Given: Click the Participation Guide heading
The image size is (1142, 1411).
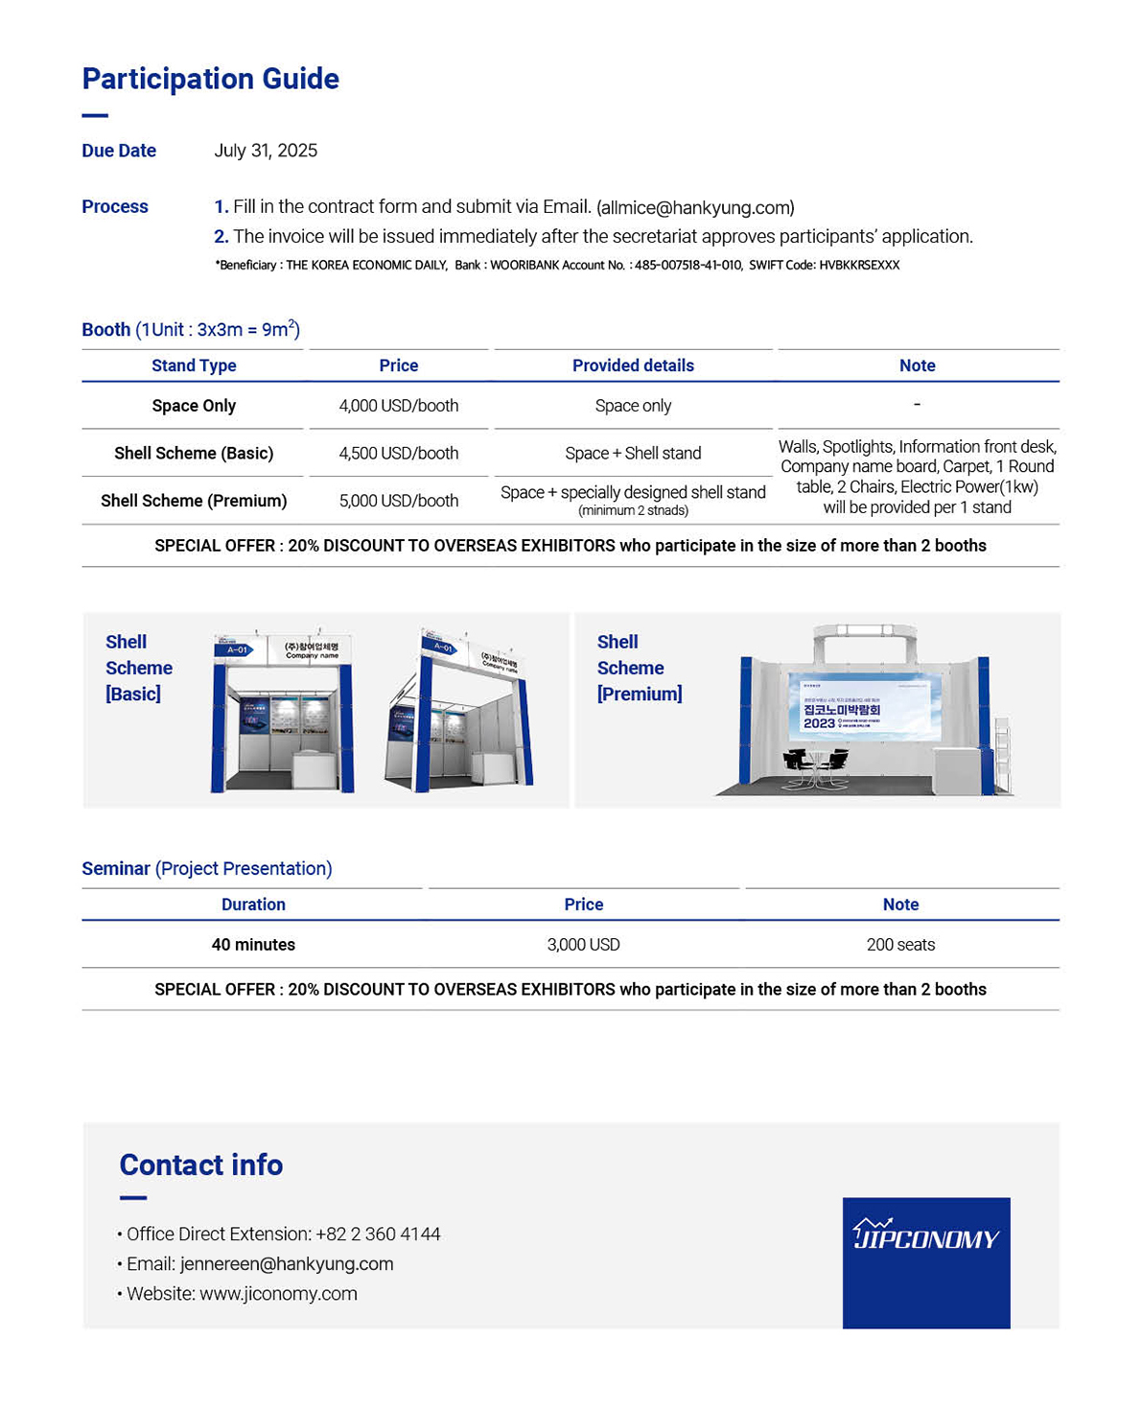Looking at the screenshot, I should pos(210,79).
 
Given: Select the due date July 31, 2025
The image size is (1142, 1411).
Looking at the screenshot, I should pos(266,151).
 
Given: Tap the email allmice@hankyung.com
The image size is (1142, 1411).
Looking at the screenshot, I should pos(695,207).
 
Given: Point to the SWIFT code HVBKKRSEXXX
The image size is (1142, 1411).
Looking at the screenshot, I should pos(859,265).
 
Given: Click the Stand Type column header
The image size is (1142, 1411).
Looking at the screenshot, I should pos(194,365).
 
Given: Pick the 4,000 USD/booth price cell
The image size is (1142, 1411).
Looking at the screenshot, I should pos(398,406).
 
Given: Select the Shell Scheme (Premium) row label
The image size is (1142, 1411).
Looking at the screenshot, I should pos(194,501).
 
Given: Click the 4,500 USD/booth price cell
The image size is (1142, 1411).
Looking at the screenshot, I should pos(398,453).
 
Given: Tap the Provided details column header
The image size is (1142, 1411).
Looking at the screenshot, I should pos(633,365).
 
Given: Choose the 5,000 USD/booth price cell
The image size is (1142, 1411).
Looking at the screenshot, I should pos(398,501).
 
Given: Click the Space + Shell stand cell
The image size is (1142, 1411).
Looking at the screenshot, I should pos(633,453).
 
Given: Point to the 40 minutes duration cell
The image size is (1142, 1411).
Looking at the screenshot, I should pos(253,945).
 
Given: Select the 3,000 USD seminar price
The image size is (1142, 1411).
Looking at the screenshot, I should pos(583,945).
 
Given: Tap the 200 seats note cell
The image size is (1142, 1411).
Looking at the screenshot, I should pos(900,945).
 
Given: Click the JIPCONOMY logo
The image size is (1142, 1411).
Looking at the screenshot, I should pos(926,1261).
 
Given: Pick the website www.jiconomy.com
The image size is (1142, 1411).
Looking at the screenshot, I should pos(278,1294).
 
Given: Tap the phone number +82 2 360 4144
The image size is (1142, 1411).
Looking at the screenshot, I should pos(378,1235).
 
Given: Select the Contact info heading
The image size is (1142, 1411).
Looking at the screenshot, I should pos(201,1164).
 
